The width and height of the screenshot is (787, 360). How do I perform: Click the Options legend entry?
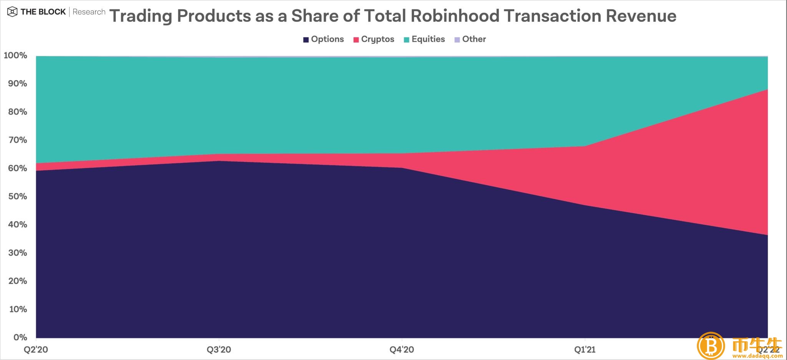[x=323, y=39]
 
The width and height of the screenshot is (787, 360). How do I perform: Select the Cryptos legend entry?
[x=374, y=39]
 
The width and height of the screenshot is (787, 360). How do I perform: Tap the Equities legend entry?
[x=424, y=39]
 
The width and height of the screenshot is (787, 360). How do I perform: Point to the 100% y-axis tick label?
[x=15, y=55]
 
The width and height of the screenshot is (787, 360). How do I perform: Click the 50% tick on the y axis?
[x=17, y=196]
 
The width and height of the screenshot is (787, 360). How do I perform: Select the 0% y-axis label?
[x=20, y=337]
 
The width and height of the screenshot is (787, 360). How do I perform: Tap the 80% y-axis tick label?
[x=17, y=112]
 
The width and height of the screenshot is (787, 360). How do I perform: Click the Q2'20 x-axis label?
[x=36, y=350]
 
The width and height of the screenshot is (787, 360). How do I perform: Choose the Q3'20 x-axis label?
[x=219, y=350]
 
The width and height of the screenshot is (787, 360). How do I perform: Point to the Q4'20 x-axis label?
[x=402, y=350]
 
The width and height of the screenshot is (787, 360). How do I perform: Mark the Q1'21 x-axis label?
[x=585, y=350]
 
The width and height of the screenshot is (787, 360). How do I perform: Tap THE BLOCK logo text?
[x=43, y=12]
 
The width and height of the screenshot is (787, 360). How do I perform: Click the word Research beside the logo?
[x=89, y=12]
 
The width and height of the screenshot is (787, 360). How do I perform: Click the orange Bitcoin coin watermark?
[x=711, y=345]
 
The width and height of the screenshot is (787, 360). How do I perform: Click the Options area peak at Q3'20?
[x=219, y=161]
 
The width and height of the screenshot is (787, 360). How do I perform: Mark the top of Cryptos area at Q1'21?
[x=585, y=146]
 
